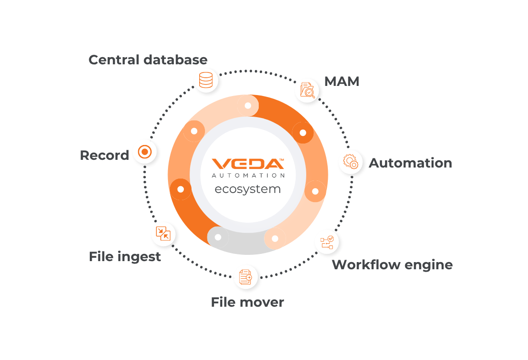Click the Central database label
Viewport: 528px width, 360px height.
pyautogui.click(x=148, y=60)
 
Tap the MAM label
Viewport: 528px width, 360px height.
pyautogui.click(x=342, y=82)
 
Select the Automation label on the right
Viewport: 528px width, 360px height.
pyautogui.click(x=410, y=163)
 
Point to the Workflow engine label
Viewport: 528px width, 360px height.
pyautogui.click(x=392, y=265)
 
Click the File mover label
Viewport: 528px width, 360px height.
pyautogui.click(x=248, y=302)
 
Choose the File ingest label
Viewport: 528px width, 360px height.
pyautogui.click(x=125, y=257)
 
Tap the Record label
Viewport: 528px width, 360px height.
pyautogui.click(x=104, y=156)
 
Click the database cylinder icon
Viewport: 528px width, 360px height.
pyautogui.click(x=206, y=80)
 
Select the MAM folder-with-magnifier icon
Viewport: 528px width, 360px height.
pyautogui.click(x=307, y=90)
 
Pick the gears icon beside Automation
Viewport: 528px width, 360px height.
pyautogui.click(x=350, y=162)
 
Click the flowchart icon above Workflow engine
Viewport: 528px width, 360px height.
pyautogui.click(x=327, y=242)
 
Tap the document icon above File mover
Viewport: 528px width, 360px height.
pyautogui.click(x=245, y=277)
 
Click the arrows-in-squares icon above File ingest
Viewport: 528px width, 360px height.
pyautogui.click(x=163, y=233)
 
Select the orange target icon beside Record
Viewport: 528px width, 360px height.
pyautogui.click(x=145, y=152)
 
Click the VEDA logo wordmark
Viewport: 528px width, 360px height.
pyautogui.click(x=248, y=164)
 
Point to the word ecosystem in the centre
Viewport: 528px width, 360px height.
pyautogui.click(x=248, y=189)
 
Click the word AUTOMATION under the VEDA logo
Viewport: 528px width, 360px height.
pyautogui.click(x=248, y=176)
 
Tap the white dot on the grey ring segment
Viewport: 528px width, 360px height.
pyautogui.click(x=218, y=237)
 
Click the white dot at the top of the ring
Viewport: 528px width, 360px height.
pyautogui.click(x=248, y=106)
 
